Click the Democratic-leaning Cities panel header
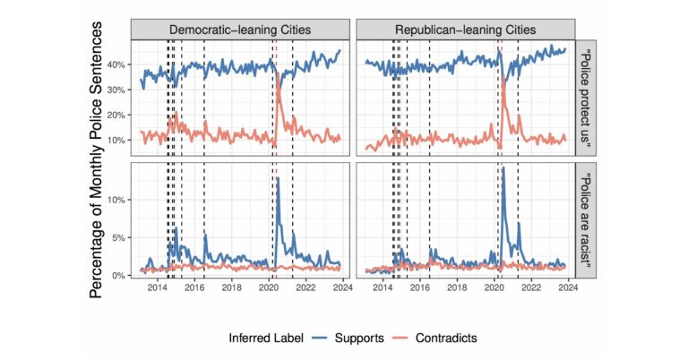click(241, 30)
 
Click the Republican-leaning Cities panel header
click(465, 30)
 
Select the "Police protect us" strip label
click(585, 99)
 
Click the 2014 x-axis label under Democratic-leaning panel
click(157, 288)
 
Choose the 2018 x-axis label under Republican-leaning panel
click(457, 288)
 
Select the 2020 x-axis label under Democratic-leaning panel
click(270, 288)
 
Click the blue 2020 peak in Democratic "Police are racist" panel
click(279, 179)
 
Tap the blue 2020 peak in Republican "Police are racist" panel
click(503, 168)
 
